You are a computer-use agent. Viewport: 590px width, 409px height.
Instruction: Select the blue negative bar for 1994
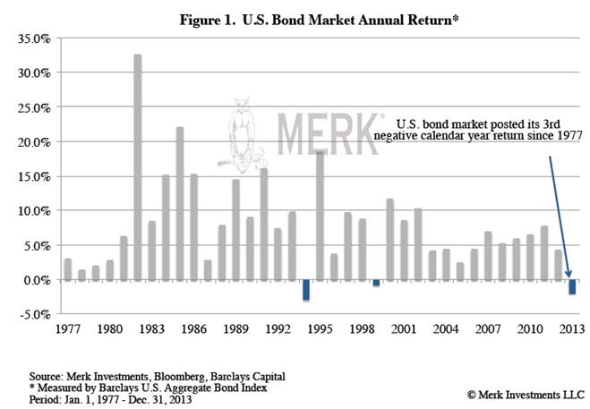[x=306, y=290]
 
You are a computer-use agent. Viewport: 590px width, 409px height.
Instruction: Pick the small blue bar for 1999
[x=376, y=283]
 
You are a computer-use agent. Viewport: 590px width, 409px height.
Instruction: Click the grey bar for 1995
[x=320, y=215]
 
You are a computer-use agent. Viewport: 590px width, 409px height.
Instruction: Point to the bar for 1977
[x=67, y=269]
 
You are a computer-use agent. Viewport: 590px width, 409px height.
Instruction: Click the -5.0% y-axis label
[x=34, y=314]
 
